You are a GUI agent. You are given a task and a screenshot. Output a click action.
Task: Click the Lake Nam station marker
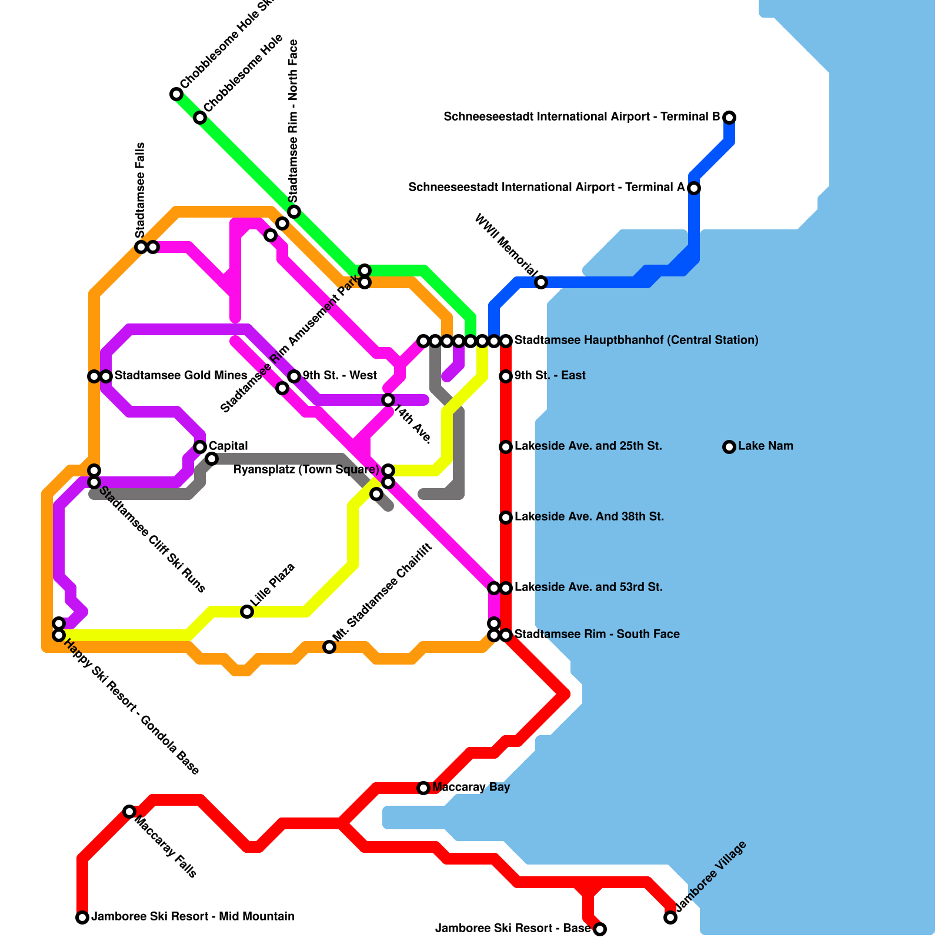729,447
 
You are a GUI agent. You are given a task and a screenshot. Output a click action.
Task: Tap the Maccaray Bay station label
470,787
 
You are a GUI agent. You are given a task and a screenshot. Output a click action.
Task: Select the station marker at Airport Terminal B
729,118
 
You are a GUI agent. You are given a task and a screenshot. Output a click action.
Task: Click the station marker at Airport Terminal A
694,188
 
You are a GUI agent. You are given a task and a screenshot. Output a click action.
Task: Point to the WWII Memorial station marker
541,282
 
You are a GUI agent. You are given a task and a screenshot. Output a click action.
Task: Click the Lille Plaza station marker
247,612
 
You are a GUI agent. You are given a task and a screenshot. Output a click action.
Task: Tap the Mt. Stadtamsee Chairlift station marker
329,647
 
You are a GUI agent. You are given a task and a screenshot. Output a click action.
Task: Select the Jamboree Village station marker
670,917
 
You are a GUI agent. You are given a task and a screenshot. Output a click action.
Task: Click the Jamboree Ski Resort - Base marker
600,929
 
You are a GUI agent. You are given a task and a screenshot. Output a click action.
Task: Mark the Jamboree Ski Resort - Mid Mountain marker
82,917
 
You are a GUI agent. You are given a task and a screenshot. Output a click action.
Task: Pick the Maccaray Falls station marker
129,812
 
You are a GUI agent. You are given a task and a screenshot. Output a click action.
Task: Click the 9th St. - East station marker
506,376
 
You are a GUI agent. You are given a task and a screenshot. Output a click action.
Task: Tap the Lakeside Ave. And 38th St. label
589,517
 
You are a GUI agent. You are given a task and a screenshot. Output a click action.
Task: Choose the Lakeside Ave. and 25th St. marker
506,447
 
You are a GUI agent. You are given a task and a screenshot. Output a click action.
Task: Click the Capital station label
228,446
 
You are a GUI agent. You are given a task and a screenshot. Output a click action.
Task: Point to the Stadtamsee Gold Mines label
181,376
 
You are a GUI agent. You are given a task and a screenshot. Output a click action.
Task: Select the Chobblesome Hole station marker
200,118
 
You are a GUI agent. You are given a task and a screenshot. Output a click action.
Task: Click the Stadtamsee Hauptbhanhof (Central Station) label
636,341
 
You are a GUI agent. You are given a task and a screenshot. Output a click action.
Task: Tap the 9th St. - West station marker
294,376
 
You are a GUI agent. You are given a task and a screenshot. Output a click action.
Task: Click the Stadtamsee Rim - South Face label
597,635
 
